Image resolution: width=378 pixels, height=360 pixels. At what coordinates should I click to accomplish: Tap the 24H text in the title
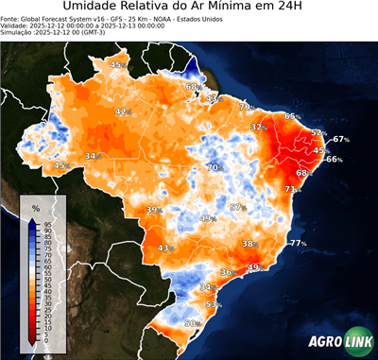coord(300,10)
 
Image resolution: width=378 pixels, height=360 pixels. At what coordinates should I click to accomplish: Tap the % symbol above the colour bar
coord(35,207)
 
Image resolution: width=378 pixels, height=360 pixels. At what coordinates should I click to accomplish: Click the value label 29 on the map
coord(253,268)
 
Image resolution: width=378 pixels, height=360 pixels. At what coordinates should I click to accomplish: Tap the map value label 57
coord(238,208)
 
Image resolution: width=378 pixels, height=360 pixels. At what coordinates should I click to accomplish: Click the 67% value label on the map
coord(340,139)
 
